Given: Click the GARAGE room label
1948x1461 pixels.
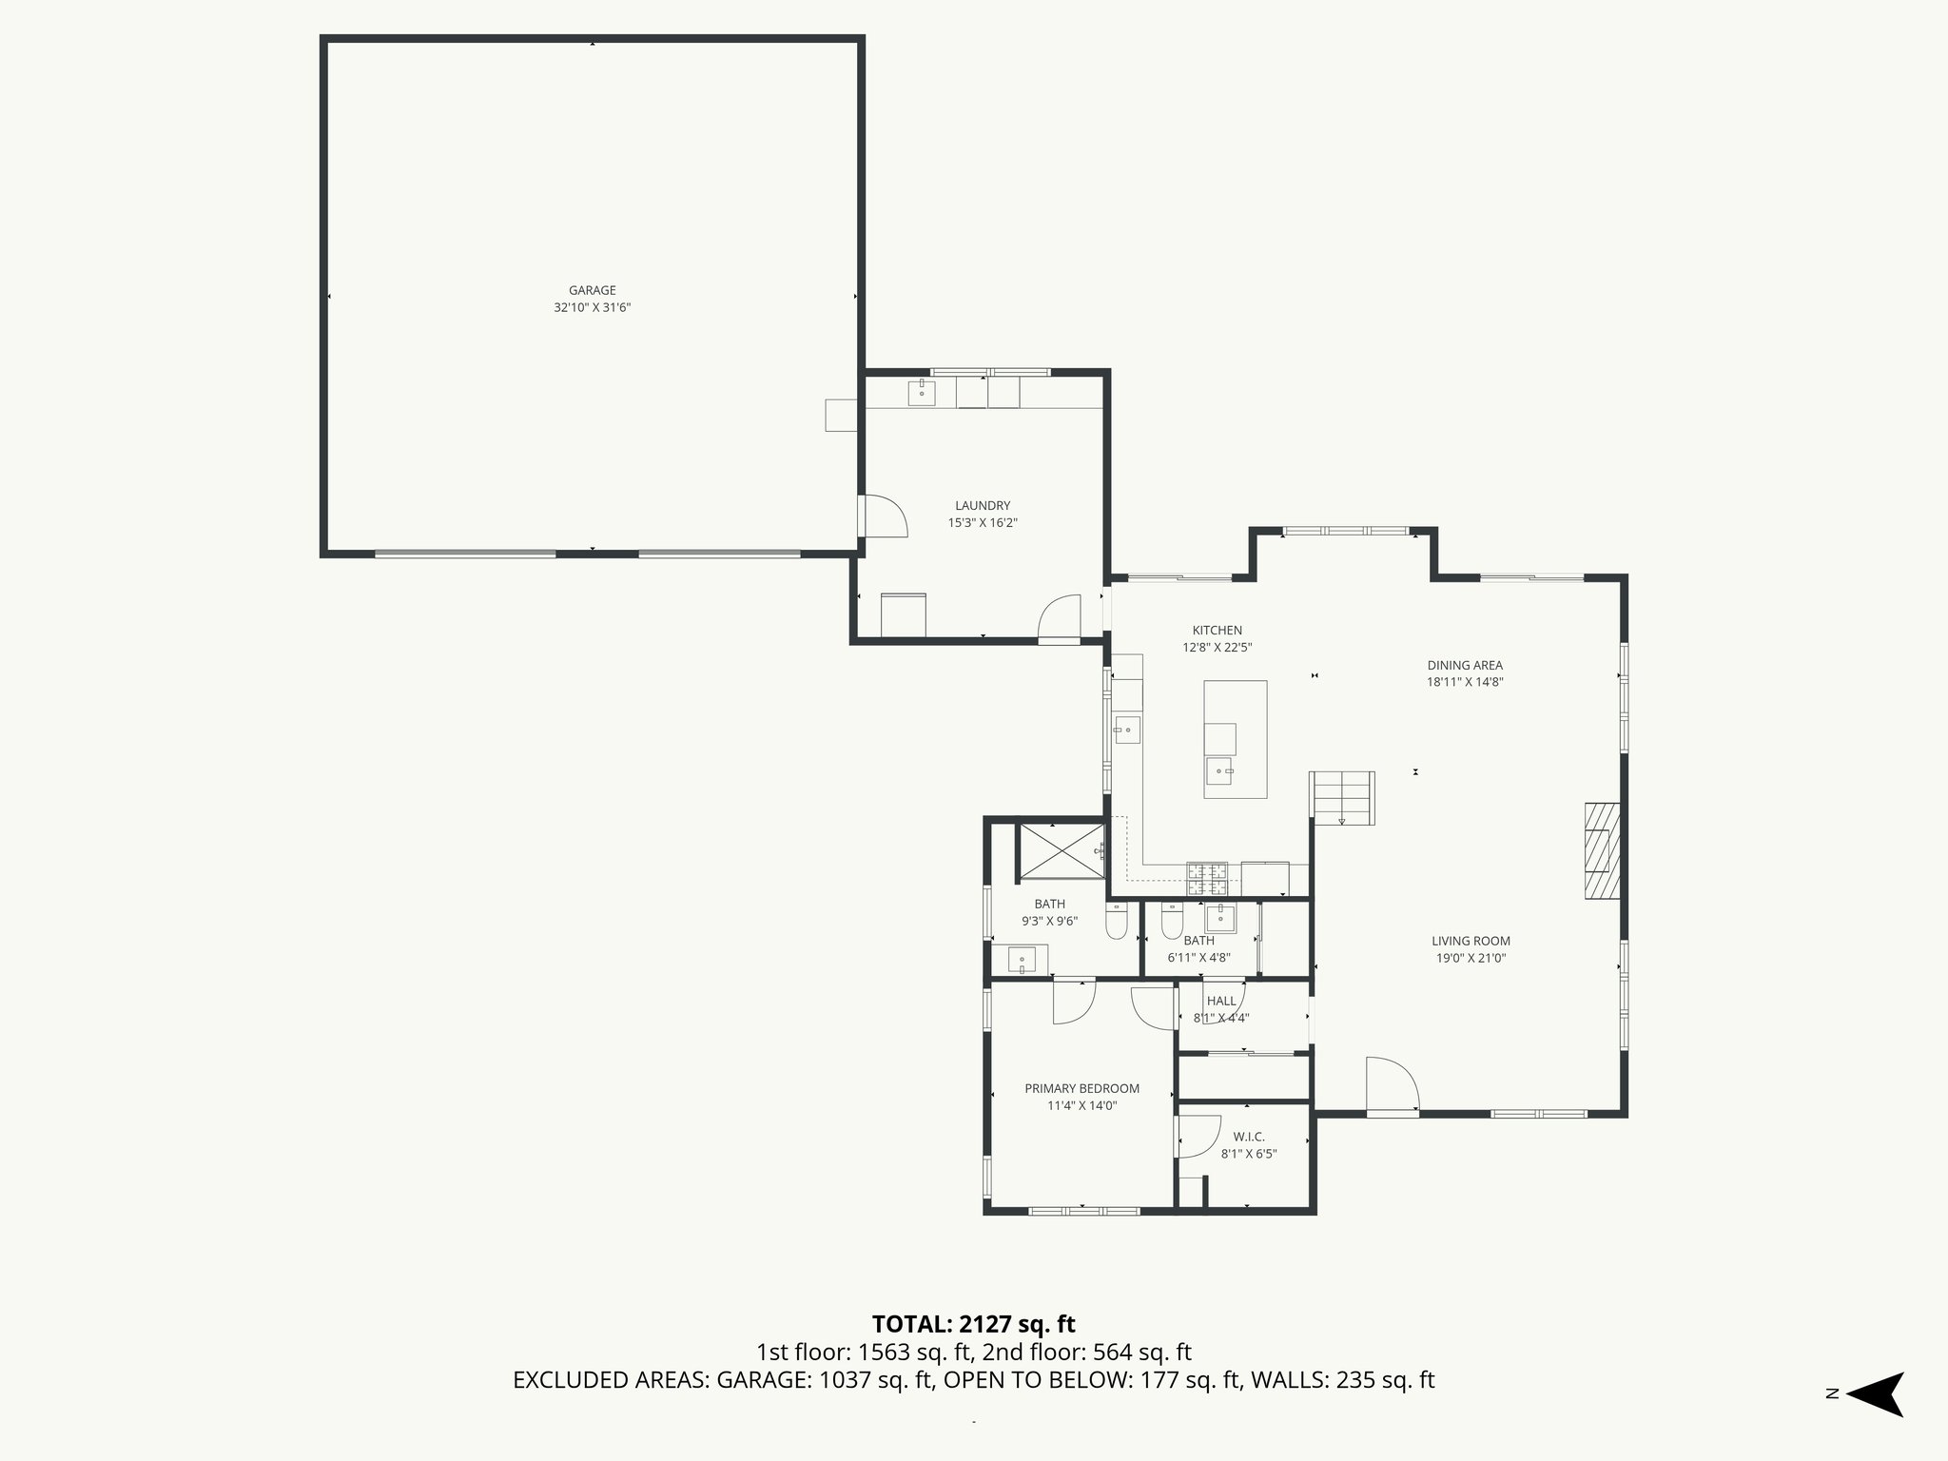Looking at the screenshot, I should tap(592, 290).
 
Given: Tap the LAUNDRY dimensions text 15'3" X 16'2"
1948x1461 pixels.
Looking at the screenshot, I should tap(983, 522).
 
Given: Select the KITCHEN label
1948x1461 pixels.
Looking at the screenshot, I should tap(1217, 630).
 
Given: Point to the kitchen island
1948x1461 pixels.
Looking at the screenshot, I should tap(1235, 739).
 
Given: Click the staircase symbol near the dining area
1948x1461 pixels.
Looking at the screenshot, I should tap(1343, 797).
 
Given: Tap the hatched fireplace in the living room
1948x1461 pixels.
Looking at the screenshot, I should tap(1601, 850).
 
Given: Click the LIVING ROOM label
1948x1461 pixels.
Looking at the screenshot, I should tap(1471, 941).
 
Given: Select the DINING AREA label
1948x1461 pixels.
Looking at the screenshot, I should tap(1464, 665).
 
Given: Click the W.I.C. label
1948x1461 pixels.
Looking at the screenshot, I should tap(1248, 1137).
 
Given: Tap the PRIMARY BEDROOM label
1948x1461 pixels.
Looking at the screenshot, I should tap(1081, 1088).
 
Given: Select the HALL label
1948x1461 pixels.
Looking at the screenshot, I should tap(1221, 1001).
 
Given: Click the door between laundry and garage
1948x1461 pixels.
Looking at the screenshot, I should tap(881, 516).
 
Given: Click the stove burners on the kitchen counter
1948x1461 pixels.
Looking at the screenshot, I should tap(1207, 879).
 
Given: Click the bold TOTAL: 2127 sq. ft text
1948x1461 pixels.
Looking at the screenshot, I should tap(973, 1324).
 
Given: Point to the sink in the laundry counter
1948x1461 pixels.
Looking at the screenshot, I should tap(921, 391).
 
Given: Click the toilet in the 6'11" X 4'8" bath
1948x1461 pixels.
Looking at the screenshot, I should tap(1171, 924).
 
